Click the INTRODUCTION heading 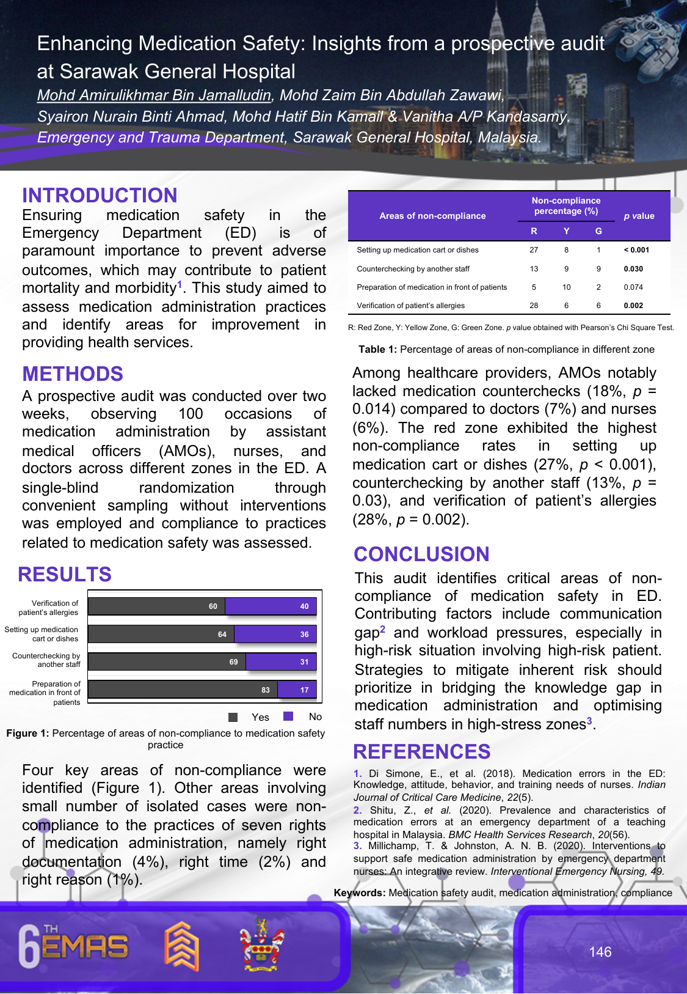pos(100,196)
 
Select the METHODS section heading pos(73,374)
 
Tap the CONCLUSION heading pos(421,554)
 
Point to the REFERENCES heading pos(422,752)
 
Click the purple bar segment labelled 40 pos(271,606)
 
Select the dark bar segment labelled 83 pos(183,690)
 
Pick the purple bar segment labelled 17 pos(297,690)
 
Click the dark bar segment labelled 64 pos(161,634)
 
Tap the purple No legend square pos(289,716)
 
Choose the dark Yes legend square pos(233,717)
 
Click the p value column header pos(639,216)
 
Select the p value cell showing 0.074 pos(633,287)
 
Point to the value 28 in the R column pos(534,306)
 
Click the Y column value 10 pos(567,287)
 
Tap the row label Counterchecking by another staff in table pos(413,269)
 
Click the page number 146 pos(600,952)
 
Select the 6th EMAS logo pos(74,946)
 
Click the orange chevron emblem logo pos(182,946)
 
